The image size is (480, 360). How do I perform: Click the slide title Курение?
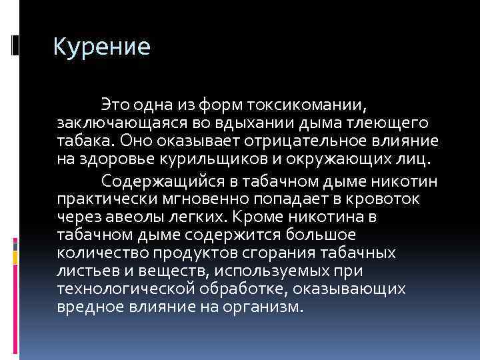102,47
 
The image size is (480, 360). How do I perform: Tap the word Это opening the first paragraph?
113,105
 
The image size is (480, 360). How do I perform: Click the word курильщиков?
211,159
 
